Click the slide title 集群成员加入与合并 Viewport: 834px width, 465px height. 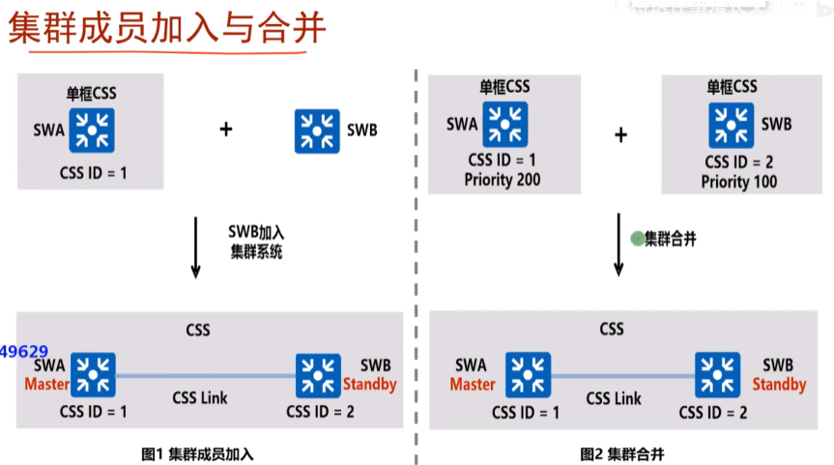click(167, 28)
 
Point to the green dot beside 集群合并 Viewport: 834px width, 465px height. click(637, 238)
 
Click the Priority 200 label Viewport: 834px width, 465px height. click(502, 180)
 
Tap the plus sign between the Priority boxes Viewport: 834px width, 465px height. click(621, 133)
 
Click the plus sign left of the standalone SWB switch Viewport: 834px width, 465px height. click(226, 128)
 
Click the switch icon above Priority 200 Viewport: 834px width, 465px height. click(505, 125)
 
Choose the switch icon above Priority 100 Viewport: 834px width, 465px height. click(733, 125)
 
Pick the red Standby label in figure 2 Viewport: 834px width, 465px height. click(779, 384)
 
